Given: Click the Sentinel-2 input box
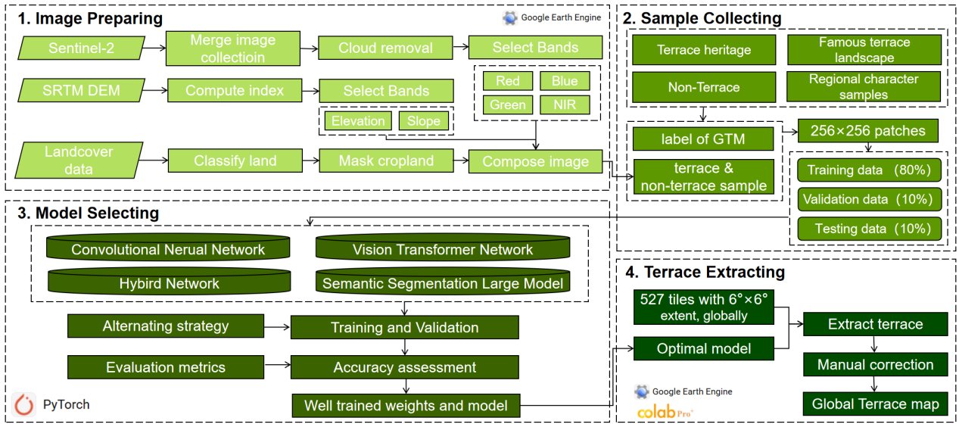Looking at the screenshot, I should (79, 48).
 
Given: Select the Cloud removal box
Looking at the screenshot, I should (385, 48).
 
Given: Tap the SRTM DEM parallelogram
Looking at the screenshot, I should (79, 91).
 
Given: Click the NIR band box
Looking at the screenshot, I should (564, 104).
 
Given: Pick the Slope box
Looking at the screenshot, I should (423, 121).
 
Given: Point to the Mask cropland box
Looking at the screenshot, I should (385, 161).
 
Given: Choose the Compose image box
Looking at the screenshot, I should (535, 161).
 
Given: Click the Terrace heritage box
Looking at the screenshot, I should (703, 50).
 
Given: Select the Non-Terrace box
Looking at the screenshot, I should (703, 87).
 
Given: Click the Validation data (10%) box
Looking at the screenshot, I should (870, 200).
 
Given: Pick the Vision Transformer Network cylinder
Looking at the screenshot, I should (442, 249).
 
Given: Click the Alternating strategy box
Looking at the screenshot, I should (165, 327).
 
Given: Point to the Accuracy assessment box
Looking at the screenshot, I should (404, 367).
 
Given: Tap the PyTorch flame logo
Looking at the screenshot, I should (24, 405).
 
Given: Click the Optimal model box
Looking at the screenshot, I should (703, 348).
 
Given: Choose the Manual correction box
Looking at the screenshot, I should (875, 364).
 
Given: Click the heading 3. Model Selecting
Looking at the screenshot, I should (88, 214).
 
